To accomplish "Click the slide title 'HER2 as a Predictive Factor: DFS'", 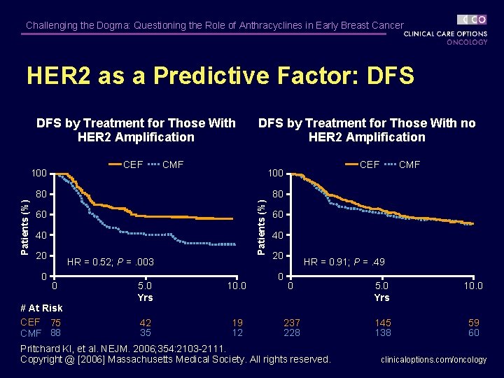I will pyautogui.click(x=220, y=76).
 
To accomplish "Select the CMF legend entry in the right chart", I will pyautogui.click(x=409, y=165).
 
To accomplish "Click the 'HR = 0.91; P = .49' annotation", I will pyautogui.click(x=344, y=262).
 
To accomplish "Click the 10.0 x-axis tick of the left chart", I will pyautogui.click(x=237, y=286).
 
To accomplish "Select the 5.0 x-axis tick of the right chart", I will pyautogui.click(x=382, y=286).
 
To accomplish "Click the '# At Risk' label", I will pyautogui.click(x=41, y=308).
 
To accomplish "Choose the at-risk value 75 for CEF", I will pyautogui.click(x=55, y=323).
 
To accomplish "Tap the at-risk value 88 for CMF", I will pyautogui.click(x=55, y=333).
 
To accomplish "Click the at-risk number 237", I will pyautogui.click(x=291, y=323).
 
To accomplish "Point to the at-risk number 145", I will pyautogui.click(x=382, y=323).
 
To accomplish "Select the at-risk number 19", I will pyautogui.click(x=237, y=323).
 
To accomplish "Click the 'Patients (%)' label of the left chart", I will pyautogui.click(x=25, y=217).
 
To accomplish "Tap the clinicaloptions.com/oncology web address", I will pyautogui.click(x=433, y=360).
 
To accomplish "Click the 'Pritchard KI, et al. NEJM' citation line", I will pyautogui.click(x=123, y=349).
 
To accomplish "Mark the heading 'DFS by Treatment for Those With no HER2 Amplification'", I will pyautogui.click(x=367, y=130).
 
